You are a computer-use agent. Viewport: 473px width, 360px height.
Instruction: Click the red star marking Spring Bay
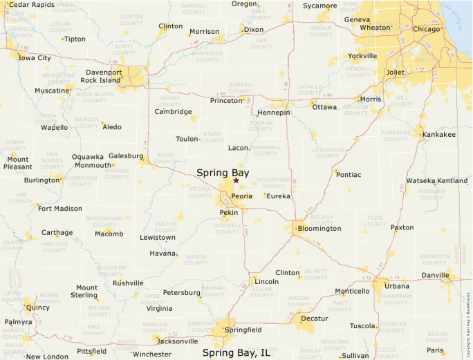click(236, 181)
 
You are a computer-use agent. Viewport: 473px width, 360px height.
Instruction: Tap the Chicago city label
click(426, 29)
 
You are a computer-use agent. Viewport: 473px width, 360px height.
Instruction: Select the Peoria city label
click(242, 196)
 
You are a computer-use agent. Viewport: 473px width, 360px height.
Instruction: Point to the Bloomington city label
click(319, 228)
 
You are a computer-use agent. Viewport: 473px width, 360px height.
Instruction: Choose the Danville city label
click(436, 275)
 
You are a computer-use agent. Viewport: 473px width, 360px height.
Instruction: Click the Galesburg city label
click(125, 155)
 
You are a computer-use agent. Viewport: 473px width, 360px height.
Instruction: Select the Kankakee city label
click(439, 134)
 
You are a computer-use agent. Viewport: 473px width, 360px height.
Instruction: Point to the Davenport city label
click(104, 72)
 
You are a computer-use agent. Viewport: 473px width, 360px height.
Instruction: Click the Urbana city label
click(396, 285)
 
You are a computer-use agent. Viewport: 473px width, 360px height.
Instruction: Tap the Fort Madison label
click(59, 208)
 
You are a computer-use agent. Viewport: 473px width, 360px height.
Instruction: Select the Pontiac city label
click(349, 175)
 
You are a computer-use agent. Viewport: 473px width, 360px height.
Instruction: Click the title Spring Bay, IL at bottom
click(236, 352)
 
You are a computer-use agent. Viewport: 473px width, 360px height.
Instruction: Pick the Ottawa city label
click(324, 107)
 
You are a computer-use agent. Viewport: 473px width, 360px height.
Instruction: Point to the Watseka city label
click(420, 180)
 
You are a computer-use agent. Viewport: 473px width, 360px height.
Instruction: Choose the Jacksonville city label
click(178, 341)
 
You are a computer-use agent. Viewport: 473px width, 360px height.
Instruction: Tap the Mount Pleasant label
click(18, 162)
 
